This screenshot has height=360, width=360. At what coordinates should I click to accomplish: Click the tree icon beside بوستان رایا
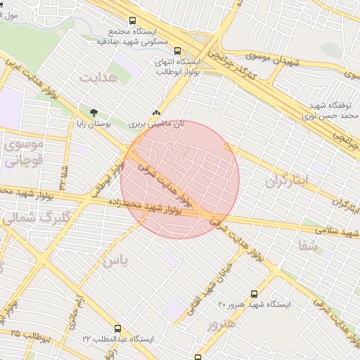(93, 112)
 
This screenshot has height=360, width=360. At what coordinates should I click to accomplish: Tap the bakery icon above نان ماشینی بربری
(156, 112)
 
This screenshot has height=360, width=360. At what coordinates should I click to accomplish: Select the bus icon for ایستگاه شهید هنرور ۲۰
(254, 294)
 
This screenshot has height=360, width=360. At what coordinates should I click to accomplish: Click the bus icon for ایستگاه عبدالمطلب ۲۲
(117, 328)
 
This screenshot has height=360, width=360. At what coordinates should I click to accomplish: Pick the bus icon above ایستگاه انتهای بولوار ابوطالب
(177, 51)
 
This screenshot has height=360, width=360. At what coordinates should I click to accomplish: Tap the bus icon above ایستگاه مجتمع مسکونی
(132, 21)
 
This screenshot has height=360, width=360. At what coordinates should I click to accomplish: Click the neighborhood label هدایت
(96, 77)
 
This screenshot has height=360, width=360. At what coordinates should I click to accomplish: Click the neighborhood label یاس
(116, 261)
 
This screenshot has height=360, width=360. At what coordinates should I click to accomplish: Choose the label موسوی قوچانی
(25, 151)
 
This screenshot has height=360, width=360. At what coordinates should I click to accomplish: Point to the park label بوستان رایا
(94, 124)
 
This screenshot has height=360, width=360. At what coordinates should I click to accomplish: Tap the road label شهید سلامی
(333, 228)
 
